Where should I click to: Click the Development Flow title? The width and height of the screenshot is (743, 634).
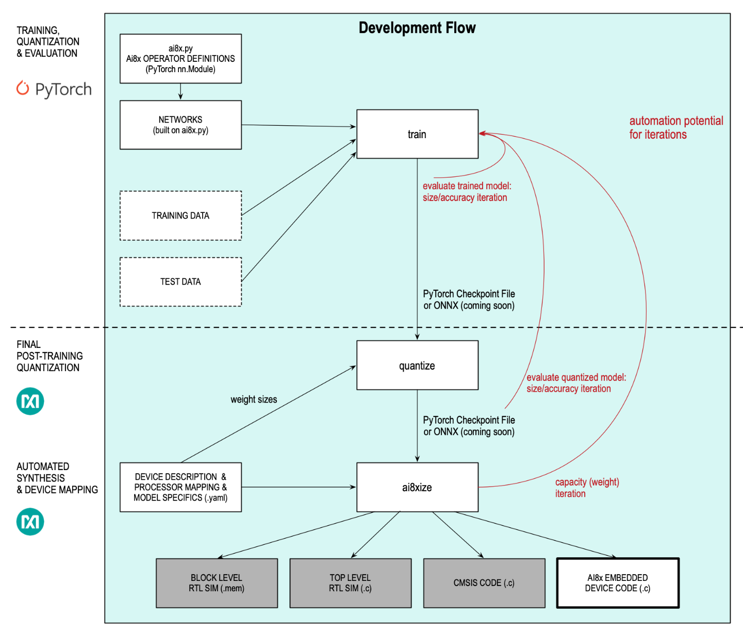click(x=417, y=28)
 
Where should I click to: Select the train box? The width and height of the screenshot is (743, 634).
click(x=417, y=134)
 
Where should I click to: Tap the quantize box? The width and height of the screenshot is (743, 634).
click(x=417, y=365)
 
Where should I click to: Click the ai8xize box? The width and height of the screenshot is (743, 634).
click(x=417, y=487)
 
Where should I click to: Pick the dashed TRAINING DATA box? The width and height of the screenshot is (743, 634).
click(x=180, y=215)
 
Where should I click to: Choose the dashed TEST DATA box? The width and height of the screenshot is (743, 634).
click(x=180, y=281)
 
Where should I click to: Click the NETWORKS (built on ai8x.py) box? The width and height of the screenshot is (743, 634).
click(x=180, y=125)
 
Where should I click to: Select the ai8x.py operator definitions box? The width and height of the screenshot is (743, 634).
click(x=180, y=59)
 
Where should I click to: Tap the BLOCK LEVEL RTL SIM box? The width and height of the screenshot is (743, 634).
click(x=217, y=583)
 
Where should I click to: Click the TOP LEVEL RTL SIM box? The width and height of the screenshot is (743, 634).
click(x=350, y=583)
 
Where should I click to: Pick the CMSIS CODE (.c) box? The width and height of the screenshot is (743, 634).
click(x=484, y=583)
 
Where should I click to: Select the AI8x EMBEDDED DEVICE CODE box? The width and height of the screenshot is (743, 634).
click(x=618, y=583)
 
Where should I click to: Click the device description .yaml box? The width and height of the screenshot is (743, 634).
click(x=180, y=487)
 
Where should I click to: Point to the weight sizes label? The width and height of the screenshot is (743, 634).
click(x=254, y=399)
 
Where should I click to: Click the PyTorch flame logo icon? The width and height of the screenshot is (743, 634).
click(x=23, y=88)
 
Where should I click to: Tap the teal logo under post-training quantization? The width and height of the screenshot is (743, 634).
click(x=30, y=401)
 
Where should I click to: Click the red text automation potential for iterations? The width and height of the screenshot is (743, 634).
click(x=675, y=127)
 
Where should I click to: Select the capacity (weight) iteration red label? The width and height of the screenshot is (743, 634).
click(x=587, y=488)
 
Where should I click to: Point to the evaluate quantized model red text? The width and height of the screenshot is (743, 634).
click(x=575, y=383)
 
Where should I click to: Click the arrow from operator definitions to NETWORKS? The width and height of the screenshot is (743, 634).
click(x=180, y=92)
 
